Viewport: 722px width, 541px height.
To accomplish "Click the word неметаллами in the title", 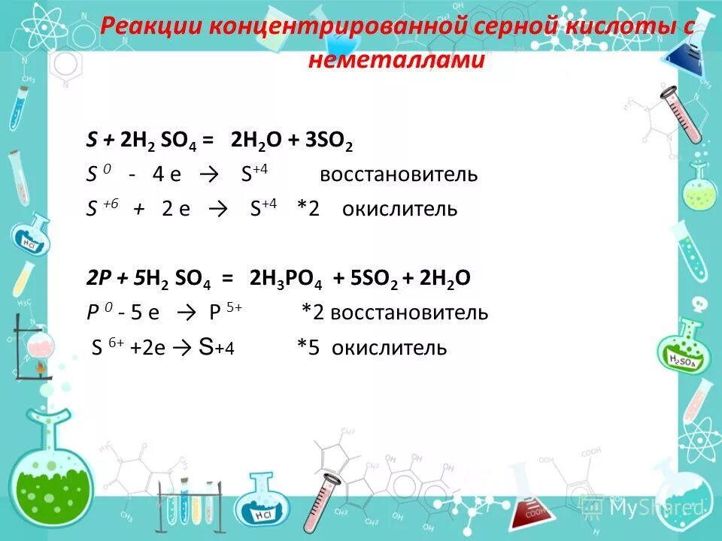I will click(396, 60).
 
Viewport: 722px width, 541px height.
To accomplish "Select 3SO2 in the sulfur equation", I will click(329, 141).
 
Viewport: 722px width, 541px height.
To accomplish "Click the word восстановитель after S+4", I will click(399, 175).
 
